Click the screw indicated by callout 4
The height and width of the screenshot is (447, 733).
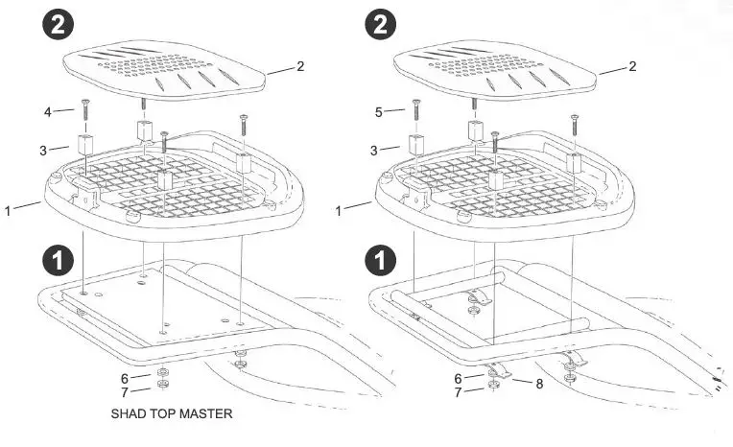[84, 111]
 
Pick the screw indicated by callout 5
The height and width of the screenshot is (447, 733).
[416, 111]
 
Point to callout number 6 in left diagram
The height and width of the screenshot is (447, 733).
[125, 377]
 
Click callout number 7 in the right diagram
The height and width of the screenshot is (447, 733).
[457, 391]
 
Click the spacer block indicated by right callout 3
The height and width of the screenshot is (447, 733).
[416, 145]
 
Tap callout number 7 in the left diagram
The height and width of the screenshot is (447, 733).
[125, 391]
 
